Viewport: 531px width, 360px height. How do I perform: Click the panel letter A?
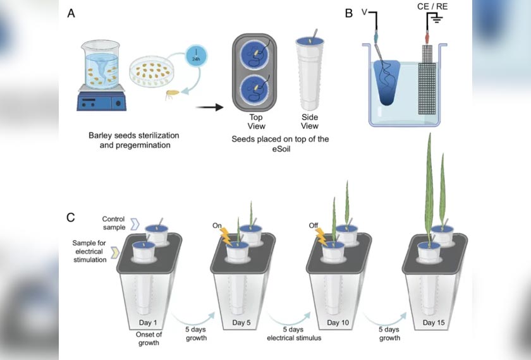click(x=71, y=13)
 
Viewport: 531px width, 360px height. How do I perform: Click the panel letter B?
click(x=348, y=13)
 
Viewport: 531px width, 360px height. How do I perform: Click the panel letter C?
click(x=72, y=218)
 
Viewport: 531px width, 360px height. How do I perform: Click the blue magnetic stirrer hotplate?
click(x=101, y=100)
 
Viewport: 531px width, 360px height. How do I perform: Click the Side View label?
click(x=310, y=122)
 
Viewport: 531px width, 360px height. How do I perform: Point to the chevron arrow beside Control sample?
click(x=134, y=223)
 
